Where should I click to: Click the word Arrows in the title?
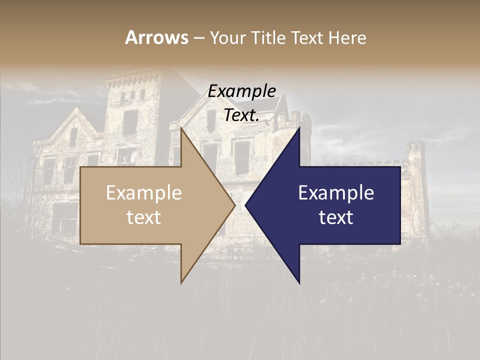tap(157, 37)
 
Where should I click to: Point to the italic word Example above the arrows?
tap(242, 91)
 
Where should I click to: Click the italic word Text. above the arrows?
tap(242, 115)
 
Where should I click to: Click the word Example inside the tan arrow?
tap(144, 193)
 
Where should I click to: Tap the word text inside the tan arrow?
tap(144, 217)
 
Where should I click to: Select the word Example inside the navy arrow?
tap(336, 193)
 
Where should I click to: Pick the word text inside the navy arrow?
tap(336, 217)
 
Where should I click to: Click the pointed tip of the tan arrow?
tap(235, 205)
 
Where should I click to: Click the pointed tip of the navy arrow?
tap(245, 205)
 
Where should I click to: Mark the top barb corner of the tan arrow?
tap(181, 128)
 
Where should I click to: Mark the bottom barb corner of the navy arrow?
tap(299, 283)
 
